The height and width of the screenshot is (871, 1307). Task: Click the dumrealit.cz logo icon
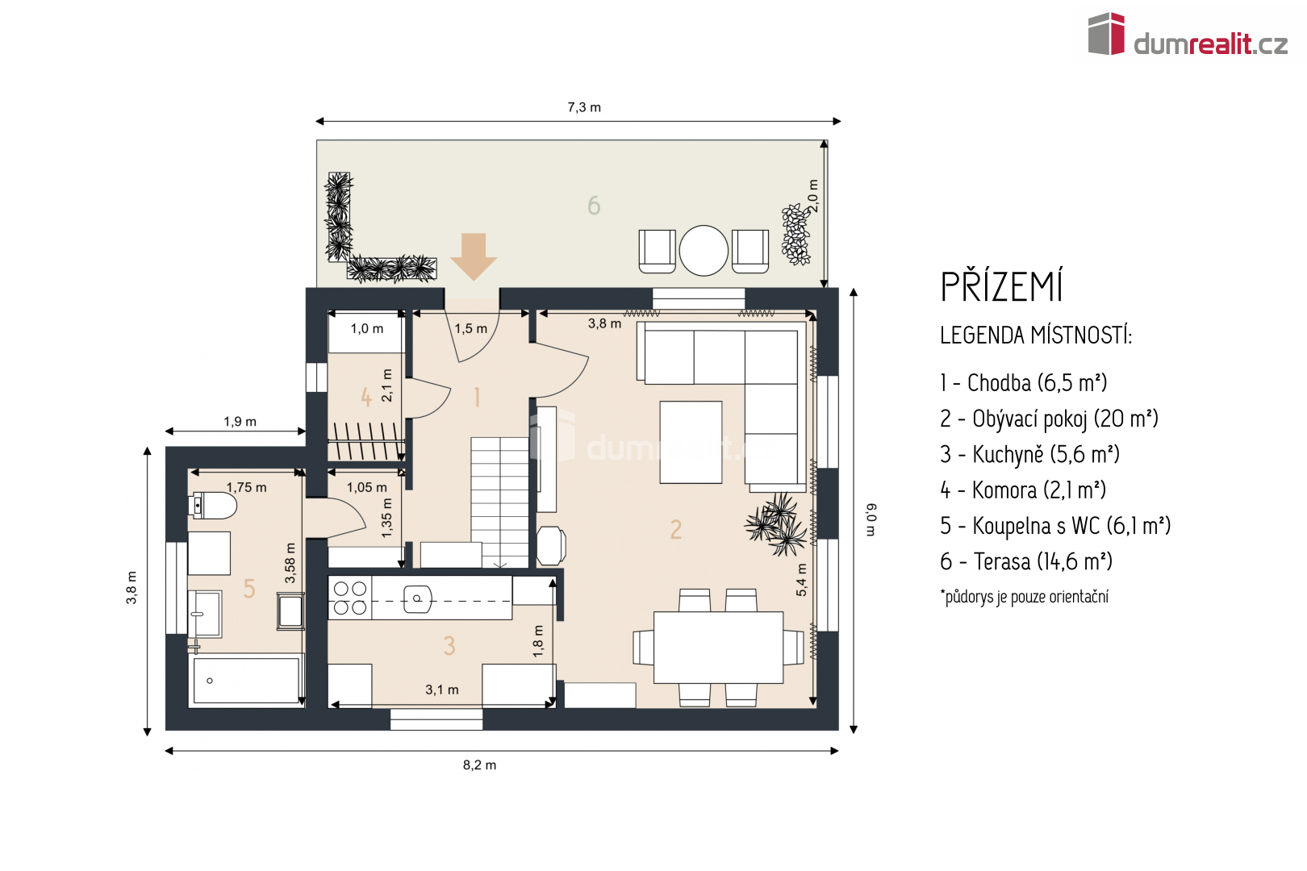point(1106,34)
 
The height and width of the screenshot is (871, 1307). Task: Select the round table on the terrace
point(704,251)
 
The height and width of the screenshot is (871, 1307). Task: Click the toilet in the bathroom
point(215,506)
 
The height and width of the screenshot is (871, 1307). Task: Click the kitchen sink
point(418,598)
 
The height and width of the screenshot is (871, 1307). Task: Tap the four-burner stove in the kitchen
point(350,598)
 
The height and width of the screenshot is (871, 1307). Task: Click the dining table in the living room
point(718,648)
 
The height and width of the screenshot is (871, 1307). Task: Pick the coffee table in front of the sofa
point(691,442)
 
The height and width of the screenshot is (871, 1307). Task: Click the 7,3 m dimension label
point(584,107)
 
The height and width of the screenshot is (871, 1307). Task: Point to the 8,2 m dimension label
point(479,765)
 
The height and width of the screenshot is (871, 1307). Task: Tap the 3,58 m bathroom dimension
point(290,563)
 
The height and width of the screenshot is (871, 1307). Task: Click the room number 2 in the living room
point(676,529)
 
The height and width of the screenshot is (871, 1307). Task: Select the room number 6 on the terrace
point(594,206)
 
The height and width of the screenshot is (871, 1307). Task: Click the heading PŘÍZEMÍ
point(1001,287)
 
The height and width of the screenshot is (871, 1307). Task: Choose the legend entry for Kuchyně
point(1029,455)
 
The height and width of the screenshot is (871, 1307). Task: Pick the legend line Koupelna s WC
point(1054,526)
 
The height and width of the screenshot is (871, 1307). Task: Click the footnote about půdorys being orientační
point(1025,597)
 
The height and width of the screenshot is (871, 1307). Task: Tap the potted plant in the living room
point(776,523)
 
